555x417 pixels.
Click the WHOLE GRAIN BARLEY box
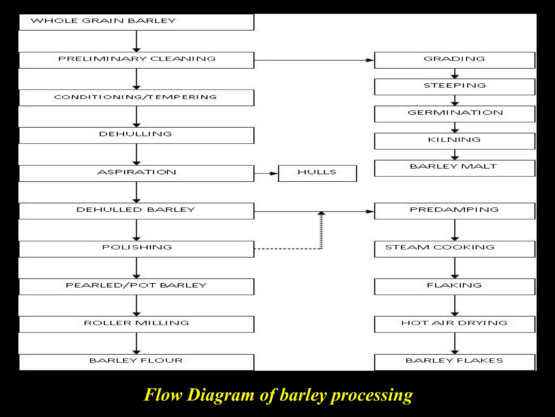coord(137,22)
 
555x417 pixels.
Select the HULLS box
coord(317,173)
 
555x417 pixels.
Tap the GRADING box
coord(454,60)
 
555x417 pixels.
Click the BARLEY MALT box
coord(454,168)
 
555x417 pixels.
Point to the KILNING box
coord(454,141)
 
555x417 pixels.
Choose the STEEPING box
coord(454,87)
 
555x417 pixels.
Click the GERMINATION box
coord(454,114)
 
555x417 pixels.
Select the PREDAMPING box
coord(454,211)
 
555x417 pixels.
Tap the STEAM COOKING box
coord(454,249)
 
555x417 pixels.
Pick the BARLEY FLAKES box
coord(454,362)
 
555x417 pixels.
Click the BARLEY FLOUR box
coord(137,362)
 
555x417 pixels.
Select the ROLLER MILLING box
coord(137,324)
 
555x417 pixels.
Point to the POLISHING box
coord(137,249)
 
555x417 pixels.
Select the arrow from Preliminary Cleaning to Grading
coord(314,60)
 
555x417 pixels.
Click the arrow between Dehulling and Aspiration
coord(137,154)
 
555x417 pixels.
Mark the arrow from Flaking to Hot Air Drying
coord(455,305)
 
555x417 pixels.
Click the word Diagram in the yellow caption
coord(220,395)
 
